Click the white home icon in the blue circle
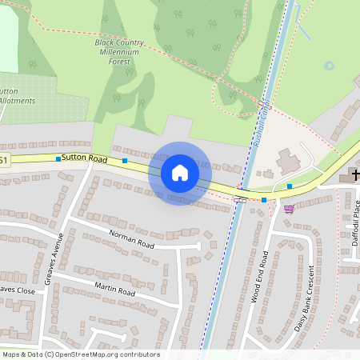point(180,172)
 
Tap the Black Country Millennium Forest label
point(119,50)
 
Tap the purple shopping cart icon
point(289,209)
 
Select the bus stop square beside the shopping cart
point(264,199)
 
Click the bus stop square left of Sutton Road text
point(58,158)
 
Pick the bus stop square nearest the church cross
point(290,186)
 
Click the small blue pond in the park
point(329,66)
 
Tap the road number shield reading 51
point(4,161)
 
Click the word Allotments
point(16,101)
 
